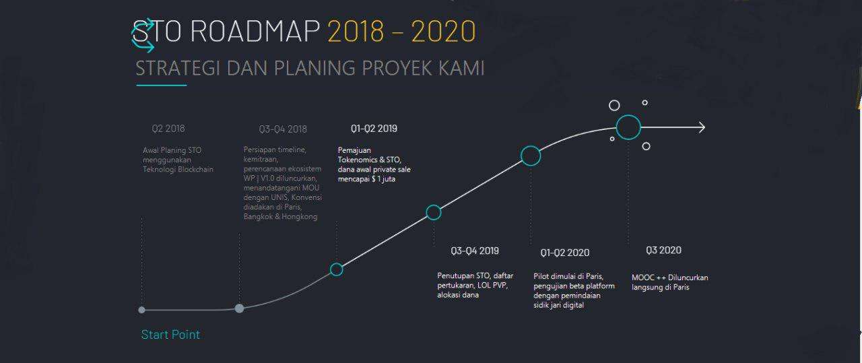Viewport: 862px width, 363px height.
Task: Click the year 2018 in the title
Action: [356, 31]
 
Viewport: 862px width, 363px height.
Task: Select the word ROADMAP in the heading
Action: [255, 31]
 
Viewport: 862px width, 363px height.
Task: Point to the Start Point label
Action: [170, 335]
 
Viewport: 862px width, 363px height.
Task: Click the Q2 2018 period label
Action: [168, 129]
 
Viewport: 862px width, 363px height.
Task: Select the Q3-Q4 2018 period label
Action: [283, 129]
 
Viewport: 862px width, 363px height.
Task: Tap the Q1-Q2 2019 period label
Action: [374, 129]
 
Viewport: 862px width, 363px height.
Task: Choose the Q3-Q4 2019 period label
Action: [475, 251]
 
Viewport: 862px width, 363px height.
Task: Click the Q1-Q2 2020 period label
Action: [565, 253]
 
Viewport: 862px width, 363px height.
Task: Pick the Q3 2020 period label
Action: [664, 251]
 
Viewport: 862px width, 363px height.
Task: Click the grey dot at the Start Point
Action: [141, 310]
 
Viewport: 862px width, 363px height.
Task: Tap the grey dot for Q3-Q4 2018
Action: [239, 308]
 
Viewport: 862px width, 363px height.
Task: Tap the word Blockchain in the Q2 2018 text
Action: [195, 169]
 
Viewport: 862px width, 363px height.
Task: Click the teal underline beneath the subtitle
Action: [162, 85]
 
